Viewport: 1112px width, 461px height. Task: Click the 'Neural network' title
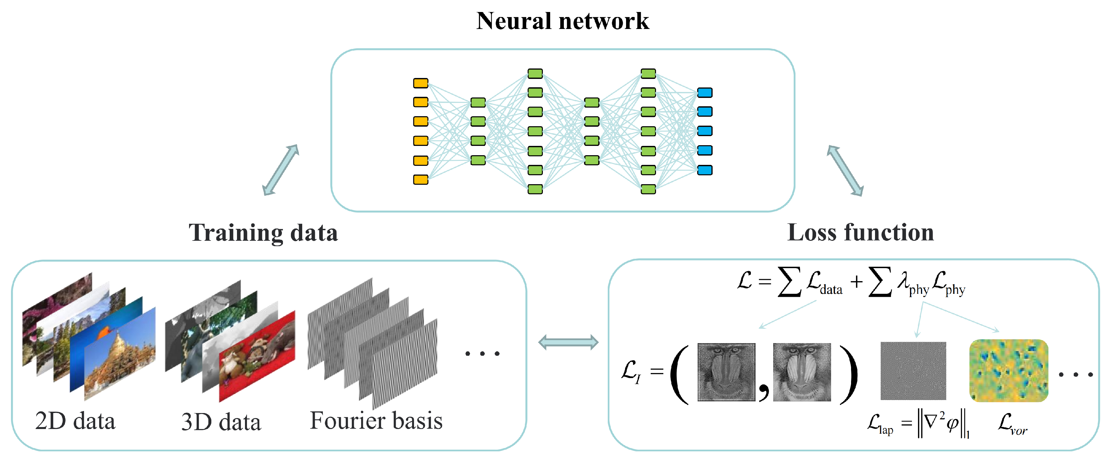point(562,21)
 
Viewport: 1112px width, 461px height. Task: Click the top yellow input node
point(420,83)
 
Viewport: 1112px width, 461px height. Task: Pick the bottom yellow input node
point(420,179)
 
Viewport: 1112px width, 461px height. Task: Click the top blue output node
point(705,93)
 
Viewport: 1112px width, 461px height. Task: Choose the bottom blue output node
point(705,170)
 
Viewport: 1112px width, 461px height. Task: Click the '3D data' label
point(221,422)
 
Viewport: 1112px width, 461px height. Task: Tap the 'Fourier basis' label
point(376,420)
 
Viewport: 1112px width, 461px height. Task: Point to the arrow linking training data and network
point(281,170)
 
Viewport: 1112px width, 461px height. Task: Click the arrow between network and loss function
point(845,171)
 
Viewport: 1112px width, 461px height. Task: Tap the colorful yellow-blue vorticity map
point(1008,370)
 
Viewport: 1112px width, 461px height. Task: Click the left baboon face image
point(726,372)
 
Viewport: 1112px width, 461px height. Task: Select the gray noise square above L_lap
point(913,371)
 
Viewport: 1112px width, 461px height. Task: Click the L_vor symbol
point(1011,423)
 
